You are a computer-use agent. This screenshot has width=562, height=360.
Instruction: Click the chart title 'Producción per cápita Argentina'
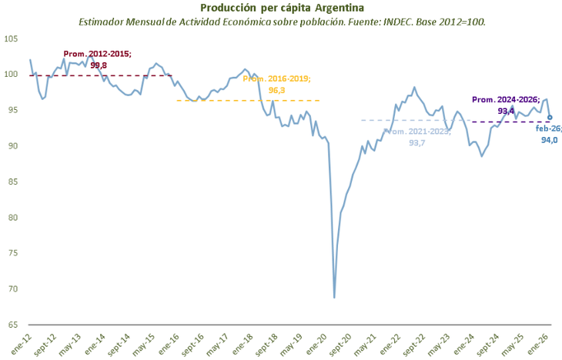[283, 8]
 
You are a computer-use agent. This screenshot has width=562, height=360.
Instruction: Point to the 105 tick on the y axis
[13, 38]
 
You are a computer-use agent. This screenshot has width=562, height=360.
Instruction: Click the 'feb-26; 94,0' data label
[548, 134]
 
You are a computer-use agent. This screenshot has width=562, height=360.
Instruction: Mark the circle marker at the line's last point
[550, 118]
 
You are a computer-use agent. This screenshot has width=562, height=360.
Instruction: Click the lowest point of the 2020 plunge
[334, 298]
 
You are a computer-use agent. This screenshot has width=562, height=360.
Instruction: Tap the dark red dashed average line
[62, 75]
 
